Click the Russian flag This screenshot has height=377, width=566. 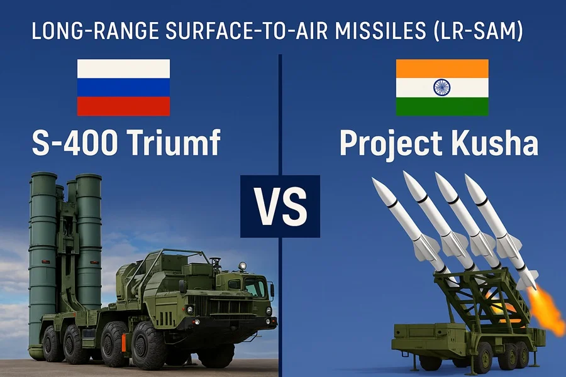tap(123, 87)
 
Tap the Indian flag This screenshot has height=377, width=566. tap(442, 87)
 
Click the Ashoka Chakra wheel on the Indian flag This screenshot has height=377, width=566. tap(442, 87)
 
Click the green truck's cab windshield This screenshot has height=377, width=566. tap(254, 287)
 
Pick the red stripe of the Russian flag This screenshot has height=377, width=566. tap(123, 106)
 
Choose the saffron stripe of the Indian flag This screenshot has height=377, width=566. tap(442, 68)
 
